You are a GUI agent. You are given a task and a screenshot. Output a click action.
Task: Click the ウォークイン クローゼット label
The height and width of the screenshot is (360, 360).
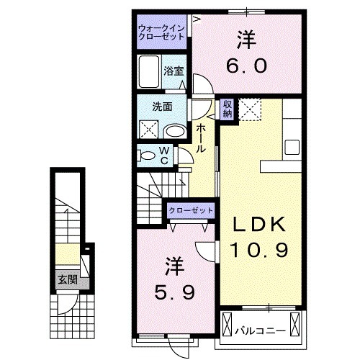click(x=162, y=32)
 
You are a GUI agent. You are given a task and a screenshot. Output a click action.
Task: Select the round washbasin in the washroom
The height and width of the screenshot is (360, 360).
click(x=174, y=131)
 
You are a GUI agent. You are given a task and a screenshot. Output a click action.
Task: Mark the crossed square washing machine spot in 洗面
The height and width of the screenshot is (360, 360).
click(x=150, y=130)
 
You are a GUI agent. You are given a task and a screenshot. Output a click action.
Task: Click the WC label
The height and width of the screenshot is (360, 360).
click(x=163, y=156)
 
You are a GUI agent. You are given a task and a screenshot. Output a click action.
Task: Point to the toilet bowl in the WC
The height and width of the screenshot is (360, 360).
click(x=146, y=156)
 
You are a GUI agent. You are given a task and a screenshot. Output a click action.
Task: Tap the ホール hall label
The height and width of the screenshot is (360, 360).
click(x=202, y=136)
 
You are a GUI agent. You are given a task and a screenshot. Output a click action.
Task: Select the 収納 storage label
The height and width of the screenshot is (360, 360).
click(x=228, y=109)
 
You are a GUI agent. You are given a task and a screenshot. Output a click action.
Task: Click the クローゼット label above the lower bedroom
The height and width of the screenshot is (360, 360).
click(x=191, y=210)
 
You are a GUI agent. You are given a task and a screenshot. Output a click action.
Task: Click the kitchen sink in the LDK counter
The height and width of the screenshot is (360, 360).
click(x=294, y=147)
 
